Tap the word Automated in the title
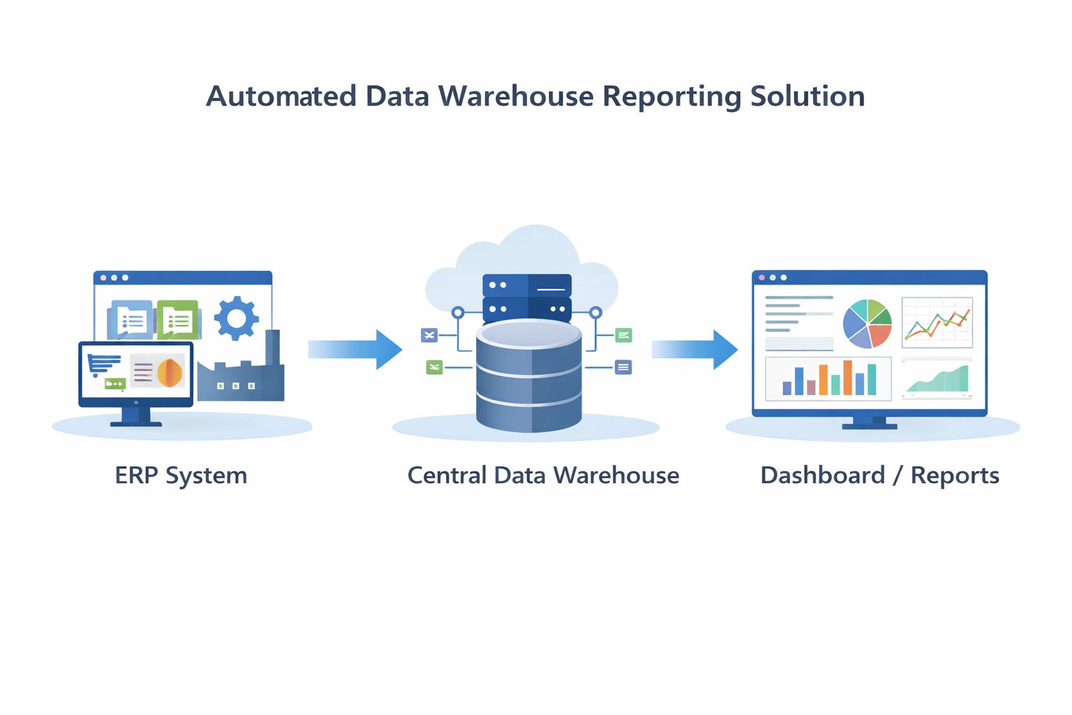[x=281, y=96]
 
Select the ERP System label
[x=181, y=476]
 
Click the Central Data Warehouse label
[x=543, y=476]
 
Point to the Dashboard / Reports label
[x=879, y=476]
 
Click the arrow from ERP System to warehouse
[x=355, y=349]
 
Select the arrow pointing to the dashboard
[x=694, y=349]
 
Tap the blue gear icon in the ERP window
[x=237, y=318]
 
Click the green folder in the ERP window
[x=179, y=320]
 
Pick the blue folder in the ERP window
[x=131, y=320]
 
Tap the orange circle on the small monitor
[x=170, y=372]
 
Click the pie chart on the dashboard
[x=867, y=323]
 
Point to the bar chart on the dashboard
[x=828, y=379]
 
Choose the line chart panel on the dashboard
[x=937, y=323]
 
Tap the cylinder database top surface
[x=528, y=334]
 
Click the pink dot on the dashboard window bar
[x=761, y=278]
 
